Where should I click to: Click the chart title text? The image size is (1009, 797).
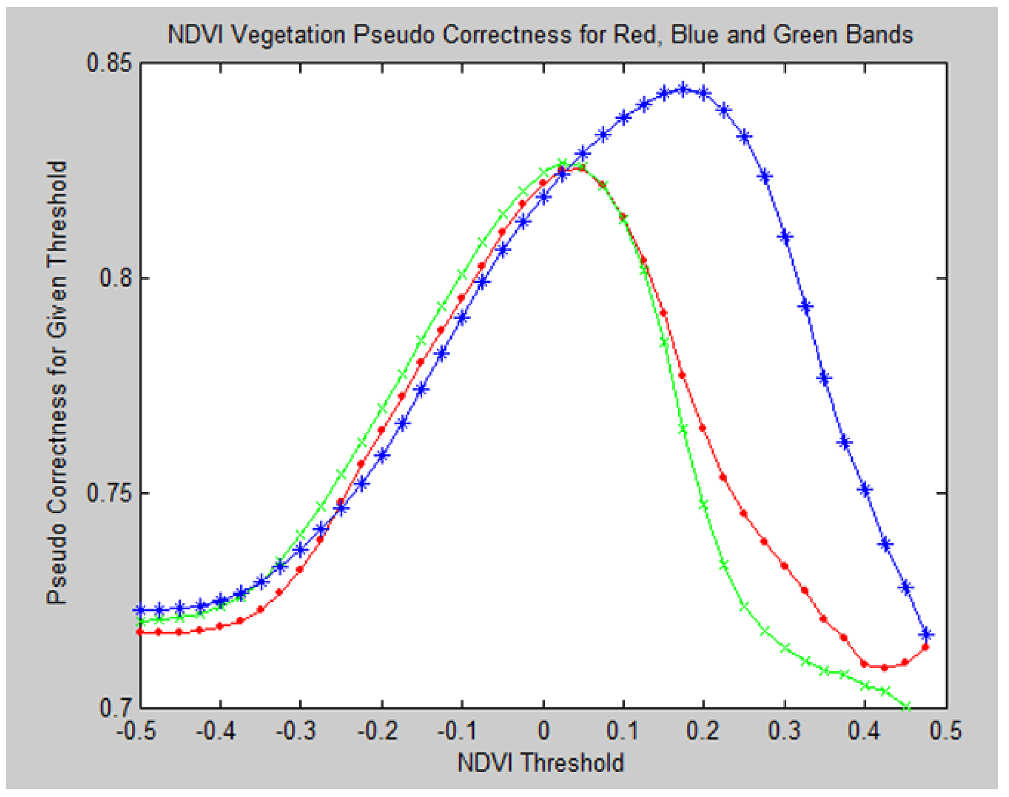[x=540, y=35]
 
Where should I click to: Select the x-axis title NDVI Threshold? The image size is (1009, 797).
[x=540, y=763]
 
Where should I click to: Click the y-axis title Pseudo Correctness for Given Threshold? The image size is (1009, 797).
[x=57, y=383]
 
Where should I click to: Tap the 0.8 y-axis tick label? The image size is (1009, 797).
[x=117, y=278]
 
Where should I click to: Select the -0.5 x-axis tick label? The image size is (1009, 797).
[x=136, y=731]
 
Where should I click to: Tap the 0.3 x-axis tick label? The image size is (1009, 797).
[x=785, y=731]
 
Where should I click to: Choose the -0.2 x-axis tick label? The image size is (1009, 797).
[x=377, y=731]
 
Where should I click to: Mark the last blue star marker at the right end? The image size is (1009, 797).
[x=926, y=634]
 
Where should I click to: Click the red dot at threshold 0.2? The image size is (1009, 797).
[x=703, y=428]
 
